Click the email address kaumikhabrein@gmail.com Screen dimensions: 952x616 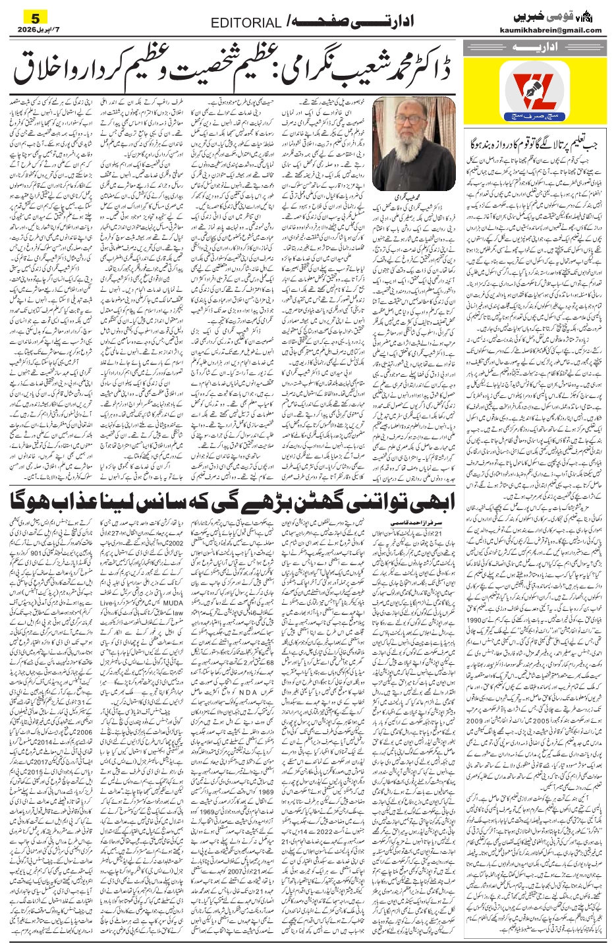click(558, 30)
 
